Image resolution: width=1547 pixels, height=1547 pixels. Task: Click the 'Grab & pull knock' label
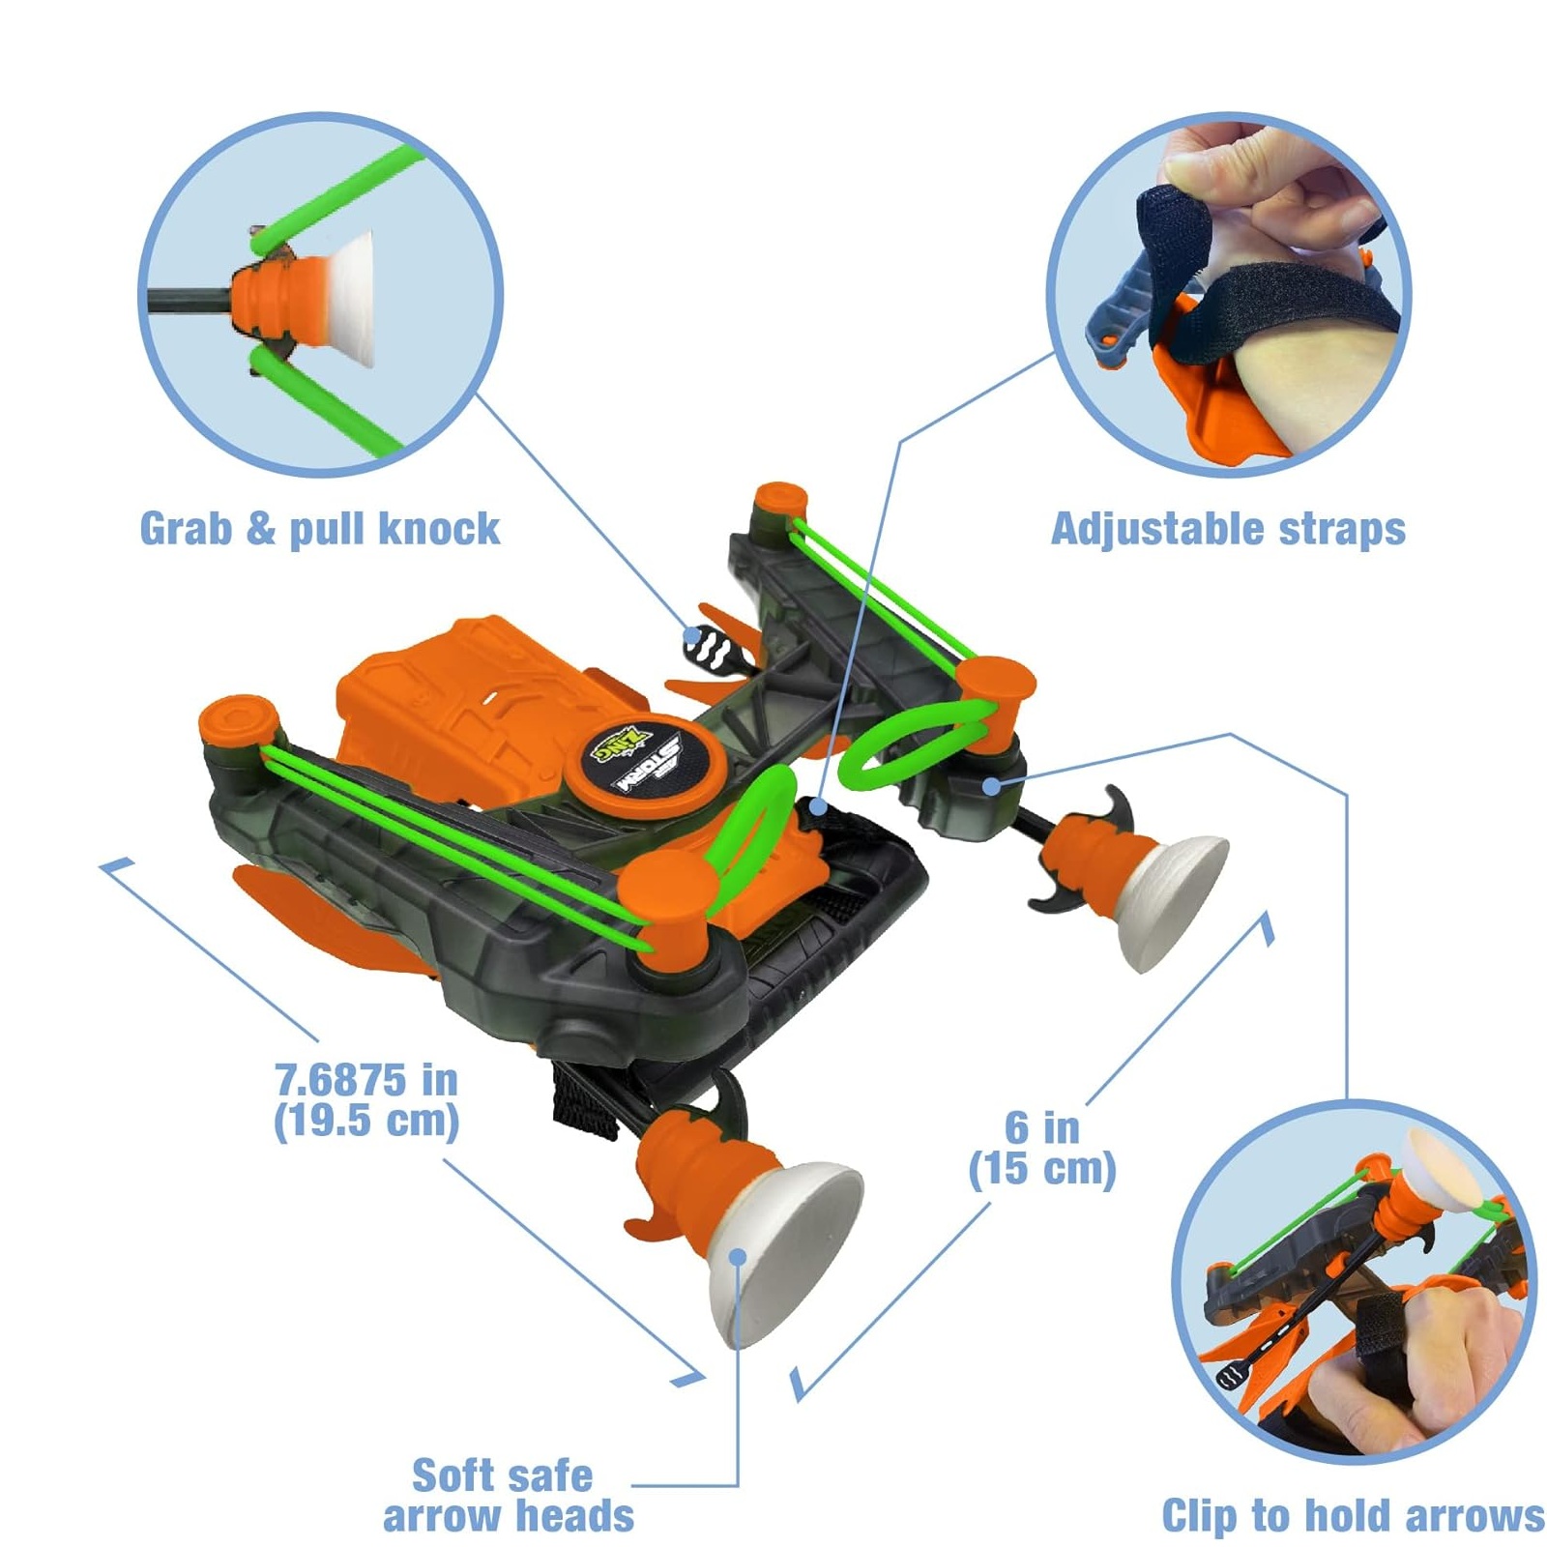point(320,530)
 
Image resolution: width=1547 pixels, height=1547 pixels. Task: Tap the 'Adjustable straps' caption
point(1228,530)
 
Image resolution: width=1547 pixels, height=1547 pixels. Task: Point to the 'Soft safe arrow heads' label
point(508,1495)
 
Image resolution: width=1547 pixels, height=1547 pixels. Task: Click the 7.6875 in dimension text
point(366,1100)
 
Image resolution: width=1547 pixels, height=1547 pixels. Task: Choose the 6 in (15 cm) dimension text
point(1042,1148)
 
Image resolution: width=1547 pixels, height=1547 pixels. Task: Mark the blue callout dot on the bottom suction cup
point(738,1257)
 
